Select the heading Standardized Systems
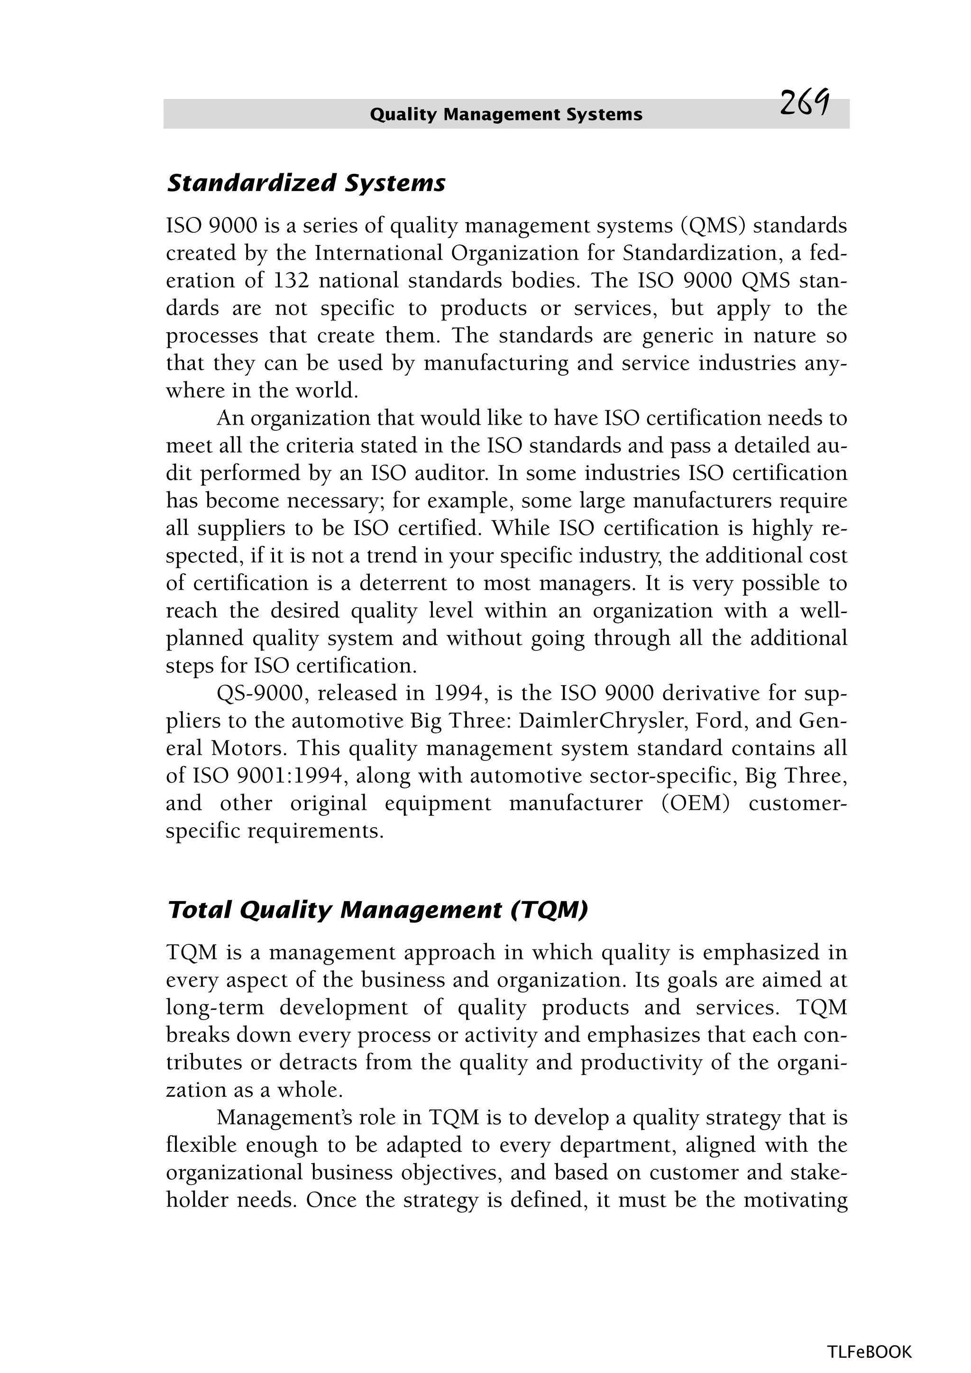(306, 183)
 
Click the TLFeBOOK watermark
(869, 1352)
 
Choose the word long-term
(215, 1007)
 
